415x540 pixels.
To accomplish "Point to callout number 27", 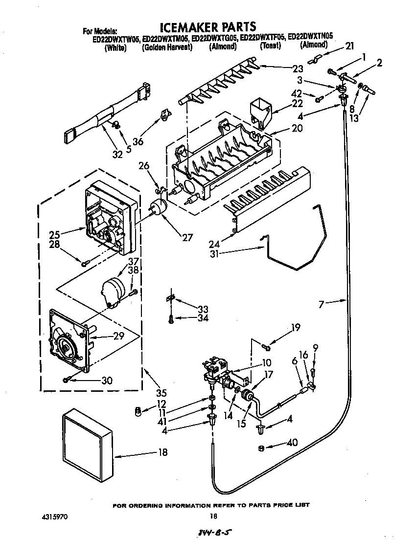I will tap(186, 238).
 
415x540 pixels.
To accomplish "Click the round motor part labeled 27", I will tap(158, 207).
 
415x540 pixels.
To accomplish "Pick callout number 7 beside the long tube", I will tap(322, 304).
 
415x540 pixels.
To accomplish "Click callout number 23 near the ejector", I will tap(298, 68).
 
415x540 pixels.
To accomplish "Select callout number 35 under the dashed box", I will tap(161, 392).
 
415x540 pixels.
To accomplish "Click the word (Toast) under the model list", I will tap(270, 46).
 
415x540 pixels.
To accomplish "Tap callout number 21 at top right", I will tap(349, 46).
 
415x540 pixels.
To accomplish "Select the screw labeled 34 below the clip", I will tap(171, 319).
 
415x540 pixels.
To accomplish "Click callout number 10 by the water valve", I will tap(266, 363).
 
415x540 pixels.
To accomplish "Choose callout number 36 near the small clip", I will tap(138, 142).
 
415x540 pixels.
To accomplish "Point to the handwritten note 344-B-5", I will tap(211, 533).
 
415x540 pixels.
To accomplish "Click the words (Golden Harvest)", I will tap(166, 47).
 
